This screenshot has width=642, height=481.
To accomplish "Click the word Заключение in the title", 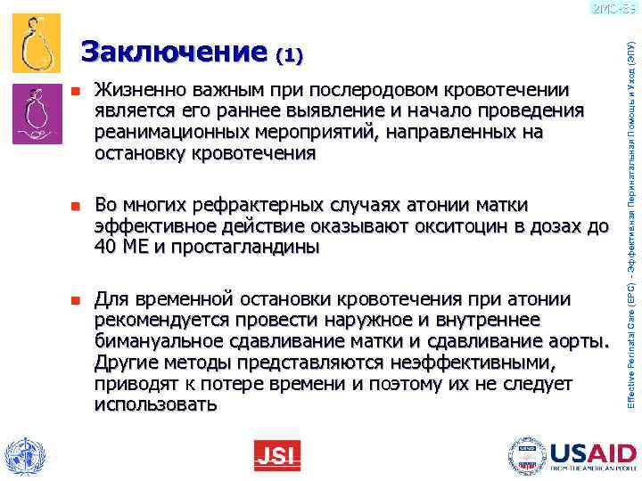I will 173,53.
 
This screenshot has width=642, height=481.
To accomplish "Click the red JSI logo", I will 276,456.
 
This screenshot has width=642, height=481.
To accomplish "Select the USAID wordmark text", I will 592,452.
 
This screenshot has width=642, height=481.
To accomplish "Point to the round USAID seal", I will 528,455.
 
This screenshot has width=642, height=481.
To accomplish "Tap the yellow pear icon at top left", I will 36,43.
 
